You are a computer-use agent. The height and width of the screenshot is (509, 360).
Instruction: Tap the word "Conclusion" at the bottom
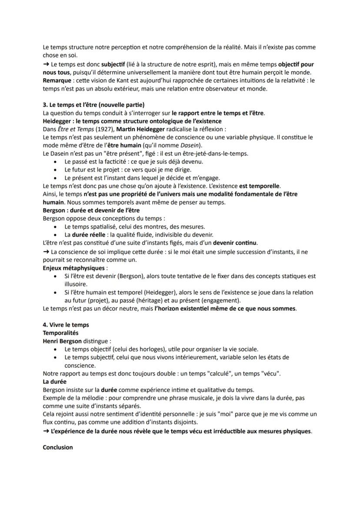click(57, 447)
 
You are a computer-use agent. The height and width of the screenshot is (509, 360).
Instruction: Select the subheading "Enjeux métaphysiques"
click(73, 268)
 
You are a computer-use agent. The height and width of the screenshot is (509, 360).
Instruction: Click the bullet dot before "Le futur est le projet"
click(55, 170)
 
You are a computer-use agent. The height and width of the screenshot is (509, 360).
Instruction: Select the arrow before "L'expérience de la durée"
click(46, 431)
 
